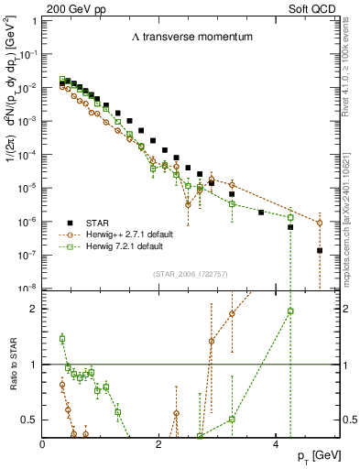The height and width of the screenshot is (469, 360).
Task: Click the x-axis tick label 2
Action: [160, 444]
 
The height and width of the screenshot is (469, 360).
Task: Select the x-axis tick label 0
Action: [43, 444]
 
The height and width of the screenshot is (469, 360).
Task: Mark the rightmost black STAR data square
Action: [320, 250]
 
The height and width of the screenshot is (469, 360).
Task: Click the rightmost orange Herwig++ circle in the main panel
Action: [320, 223]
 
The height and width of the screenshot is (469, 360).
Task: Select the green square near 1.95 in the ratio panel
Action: [290, 311]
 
